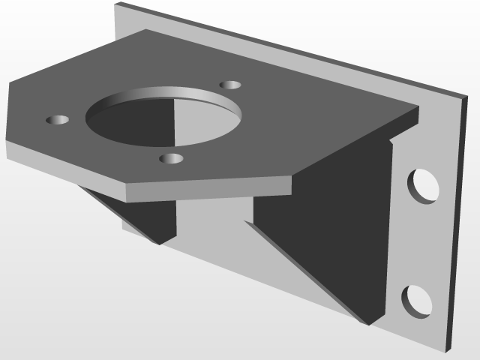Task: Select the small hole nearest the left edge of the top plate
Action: (x=58, y=120)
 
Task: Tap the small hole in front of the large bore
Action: (x=172, y=158)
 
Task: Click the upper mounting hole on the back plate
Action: (x=424, y=185)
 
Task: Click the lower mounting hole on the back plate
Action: (x=417, y=301)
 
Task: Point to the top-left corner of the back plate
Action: (x=116, y=4)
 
